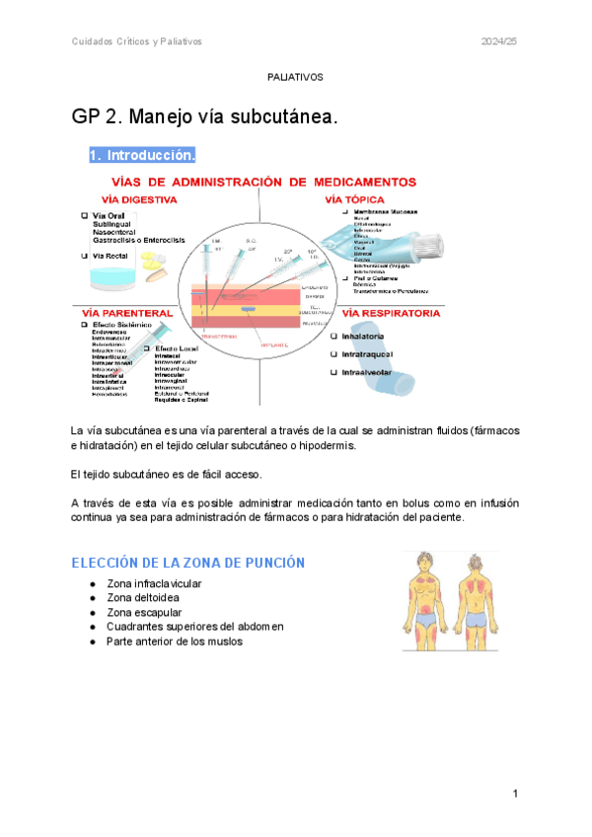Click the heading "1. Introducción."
click(142, 156)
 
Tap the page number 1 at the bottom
click(515, 795)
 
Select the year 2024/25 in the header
click(499, 41)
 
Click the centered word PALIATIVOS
click(295, 76)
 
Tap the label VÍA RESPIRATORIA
click(390, 312)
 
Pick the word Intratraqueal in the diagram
click(371, 353)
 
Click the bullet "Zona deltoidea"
click(144, 598)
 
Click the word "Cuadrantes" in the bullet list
click(136, 627)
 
